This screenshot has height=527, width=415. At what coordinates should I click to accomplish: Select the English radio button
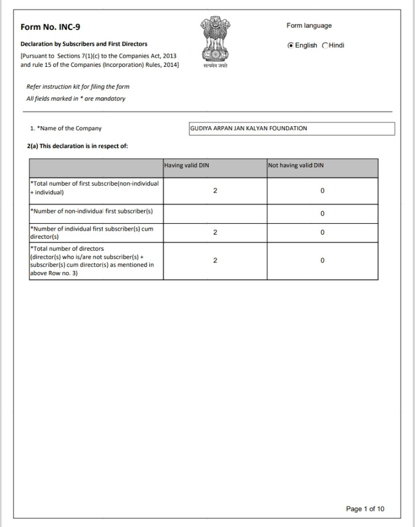click(290, 46)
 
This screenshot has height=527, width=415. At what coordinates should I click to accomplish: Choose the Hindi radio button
click(326, 46)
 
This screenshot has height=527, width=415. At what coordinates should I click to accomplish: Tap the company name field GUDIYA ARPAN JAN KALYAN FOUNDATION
click(292, 129)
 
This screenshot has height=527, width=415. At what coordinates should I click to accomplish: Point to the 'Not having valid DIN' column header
click(296, 165)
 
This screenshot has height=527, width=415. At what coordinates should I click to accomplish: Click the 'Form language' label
click(309, 25)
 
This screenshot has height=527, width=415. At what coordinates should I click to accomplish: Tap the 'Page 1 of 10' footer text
click(365, 509)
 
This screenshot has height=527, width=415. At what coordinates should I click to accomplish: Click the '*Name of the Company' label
click(65, 129)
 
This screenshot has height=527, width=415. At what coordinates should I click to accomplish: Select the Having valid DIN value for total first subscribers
click(215, 190)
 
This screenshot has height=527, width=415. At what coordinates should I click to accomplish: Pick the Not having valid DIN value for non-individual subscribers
click(322, 214)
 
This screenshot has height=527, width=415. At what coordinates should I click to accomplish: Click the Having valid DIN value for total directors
click(215, 261)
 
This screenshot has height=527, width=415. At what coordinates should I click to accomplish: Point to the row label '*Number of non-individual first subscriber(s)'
click(92, 211)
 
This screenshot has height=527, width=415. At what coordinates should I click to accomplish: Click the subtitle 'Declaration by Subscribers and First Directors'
click(84, 44)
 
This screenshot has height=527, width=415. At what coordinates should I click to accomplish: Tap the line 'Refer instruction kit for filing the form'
click(78, 86)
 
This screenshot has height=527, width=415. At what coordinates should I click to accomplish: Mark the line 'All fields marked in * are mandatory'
click(76, 99)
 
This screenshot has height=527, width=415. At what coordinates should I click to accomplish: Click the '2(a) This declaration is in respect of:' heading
click(77, 146)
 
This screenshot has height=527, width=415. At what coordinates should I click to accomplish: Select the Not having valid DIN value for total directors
click(322, 261)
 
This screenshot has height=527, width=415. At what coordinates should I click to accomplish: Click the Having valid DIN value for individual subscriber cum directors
click(215, 232)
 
